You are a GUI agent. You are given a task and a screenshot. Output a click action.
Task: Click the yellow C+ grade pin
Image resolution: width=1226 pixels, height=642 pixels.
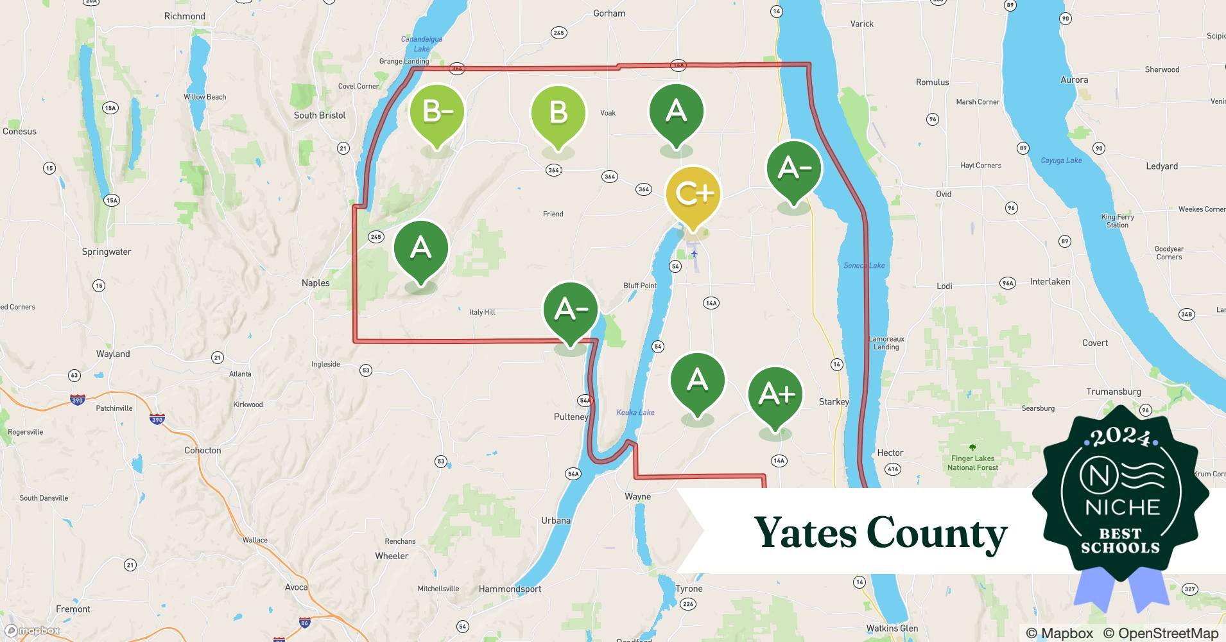pos(693,194)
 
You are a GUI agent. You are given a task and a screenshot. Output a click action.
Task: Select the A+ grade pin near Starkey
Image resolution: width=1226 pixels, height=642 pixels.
pos(775,394)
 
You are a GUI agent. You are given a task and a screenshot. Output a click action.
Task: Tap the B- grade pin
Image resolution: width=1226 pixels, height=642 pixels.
pos(437,112)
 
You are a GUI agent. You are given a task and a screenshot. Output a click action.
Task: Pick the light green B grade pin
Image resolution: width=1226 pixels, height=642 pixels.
pos(558,112)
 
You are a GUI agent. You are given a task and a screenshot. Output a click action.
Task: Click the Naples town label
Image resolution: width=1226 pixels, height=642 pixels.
pos(315,282)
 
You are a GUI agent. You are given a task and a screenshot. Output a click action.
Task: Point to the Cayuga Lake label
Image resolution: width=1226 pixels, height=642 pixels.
pos(1061,160)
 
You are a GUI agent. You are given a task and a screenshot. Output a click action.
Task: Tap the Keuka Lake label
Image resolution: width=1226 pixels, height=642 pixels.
pos(635,412)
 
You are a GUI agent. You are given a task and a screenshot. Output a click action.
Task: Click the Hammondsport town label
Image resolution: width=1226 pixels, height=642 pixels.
pos(510,589)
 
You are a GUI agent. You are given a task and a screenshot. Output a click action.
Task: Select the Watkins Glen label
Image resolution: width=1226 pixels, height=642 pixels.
pos(892,628)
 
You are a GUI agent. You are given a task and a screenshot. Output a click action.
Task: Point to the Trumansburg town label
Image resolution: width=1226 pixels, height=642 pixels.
pos(1113,391)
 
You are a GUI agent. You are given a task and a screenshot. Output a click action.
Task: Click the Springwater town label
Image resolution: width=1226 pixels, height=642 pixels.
pos(107,252)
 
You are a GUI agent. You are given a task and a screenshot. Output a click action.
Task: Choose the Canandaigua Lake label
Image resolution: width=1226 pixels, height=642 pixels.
pos(422,44)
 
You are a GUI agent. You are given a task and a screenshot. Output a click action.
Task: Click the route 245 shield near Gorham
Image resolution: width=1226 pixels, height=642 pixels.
pos(558,33)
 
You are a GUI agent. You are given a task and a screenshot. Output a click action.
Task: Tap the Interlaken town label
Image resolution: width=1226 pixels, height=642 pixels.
pos(1049,281)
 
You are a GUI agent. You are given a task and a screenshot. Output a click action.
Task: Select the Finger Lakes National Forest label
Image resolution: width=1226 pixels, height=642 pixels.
pos(972,463)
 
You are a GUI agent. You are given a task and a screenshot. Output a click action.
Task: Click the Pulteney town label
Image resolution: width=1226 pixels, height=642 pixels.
pos(571,417)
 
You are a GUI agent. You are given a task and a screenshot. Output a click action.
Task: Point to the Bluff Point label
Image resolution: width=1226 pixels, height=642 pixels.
pos(639,285)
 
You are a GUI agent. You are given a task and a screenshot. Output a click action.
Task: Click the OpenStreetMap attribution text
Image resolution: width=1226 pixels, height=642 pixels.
pos(1161,633)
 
